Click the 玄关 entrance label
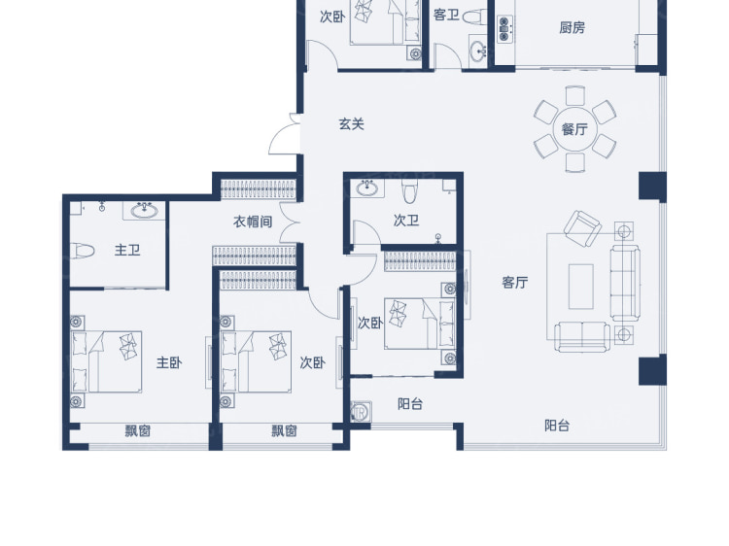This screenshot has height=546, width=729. tap(351, 124)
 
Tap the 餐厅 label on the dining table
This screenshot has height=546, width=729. tap(574, 128)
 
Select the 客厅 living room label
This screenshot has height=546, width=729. tap(515, 282)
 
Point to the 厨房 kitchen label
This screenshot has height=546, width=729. tap(572, 27)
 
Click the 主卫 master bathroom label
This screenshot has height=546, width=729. tap(127, 250)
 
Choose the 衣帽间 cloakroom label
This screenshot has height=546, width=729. tap(253, 222)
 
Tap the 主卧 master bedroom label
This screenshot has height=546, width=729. tap(169, 362)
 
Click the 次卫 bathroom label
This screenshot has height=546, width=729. tap(406, 220)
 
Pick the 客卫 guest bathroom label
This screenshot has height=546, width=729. tap(446, 15)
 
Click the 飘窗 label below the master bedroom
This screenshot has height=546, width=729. tap(138, 430)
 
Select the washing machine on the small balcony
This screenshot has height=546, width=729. tap(361, 412)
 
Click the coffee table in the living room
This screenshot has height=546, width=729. tap(580, 287)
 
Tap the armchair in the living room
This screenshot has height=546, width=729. tap(582, 227)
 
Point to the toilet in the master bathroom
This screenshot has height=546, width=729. tap(83, 252)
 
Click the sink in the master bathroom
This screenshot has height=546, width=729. tap(144, 211)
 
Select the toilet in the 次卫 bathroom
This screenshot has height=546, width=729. tap(409, 191)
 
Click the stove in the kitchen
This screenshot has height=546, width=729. tap(504, 29)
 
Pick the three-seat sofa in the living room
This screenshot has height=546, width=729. tap(625, 284)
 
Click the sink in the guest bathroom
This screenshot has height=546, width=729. tap(478, 50)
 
